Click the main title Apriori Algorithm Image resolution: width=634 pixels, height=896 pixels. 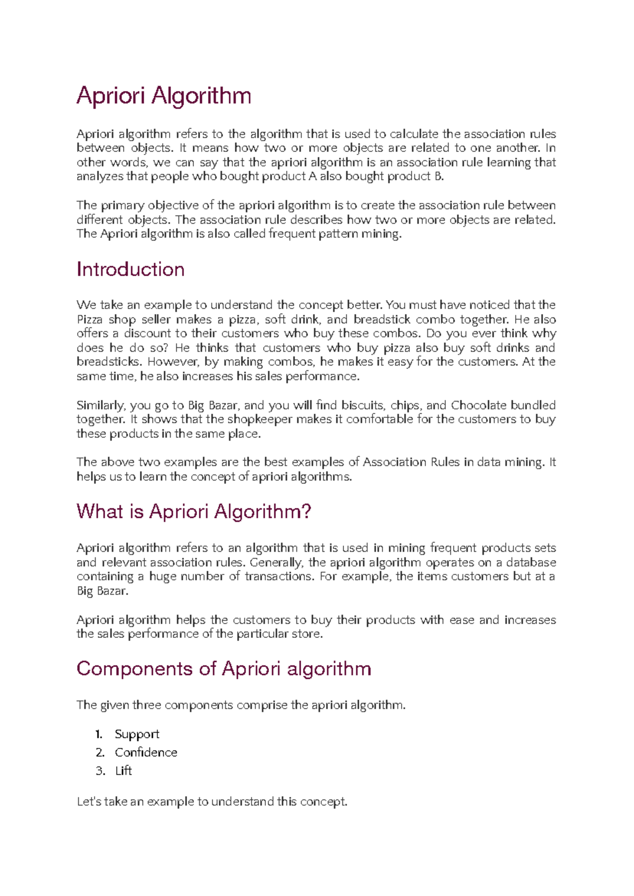(164, 96)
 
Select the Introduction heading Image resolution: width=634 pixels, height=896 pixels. (130, 270)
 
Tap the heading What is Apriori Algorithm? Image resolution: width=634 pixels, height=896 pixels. (194, 511)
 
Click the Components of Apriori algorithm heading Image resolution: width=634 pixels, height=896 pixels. (223, 669)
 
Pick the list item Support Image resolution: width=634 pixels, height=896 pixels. (137, 734)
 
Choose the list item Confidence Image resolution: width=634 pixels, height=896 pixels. (146, 752)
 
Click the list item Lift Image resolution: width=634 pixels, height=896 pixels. (123, 771)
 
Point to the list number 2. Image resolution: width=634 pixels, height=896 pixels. (100, 752)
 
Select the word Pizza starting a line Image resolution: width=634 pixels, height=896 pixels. (89, 319)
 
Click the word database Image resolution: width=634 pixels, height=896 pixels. (531, 562)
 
